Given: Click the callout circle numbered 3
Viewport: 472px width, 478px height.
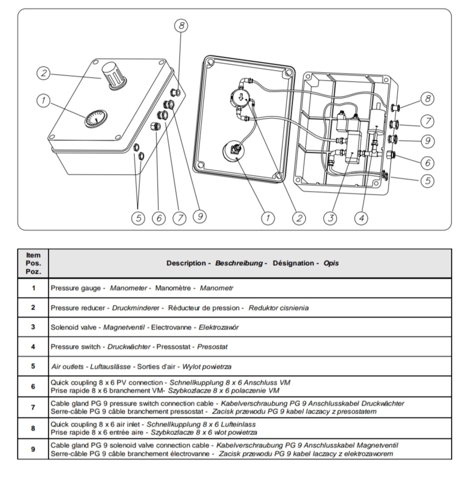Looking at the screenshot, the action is tap(331, 218).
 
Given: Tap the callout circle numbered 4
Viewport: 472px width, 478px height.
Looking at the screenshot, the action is tap(362, 218).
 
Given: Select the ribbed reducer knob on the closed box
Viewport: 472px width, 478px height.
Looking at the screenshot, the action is tap(113, 76).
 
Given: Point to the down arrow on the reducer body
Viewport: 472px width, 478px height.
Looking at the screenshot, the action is tap(241, 97).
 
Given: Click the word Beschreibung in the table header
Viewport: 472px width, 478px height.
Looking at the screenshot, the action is tap(239, 263).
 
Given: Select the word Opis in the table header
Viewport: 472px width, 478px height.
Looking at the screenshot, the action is tap(331, 263).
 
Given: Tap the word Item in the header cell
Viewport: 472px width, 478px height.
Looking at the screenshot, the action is tap(33, 255).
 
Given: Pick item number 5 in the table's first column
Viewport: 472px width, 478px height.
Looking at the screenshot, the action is tap(33, 366).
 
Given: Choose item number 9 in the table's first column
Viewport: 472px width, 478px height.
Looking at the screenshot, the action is tap(33, 449).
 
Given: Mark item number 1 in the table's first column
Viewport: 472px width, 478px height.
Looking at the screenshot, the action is tap(33, 288).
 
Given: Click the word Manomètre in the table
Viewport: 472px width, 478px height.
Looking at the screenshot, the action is tap(173, 288).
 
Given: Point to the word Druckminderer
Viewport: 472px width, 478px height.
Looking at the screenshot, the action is tap(136, 308).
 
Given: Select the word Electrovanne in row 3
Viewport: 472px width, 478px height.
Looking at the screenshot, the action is tap(172, 327).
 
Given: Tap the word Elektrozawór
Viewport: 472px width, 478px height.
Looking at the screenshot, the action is tap(219, 327).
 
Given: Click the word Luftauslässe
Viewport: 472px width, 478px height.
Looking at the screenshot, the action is tap(110, 367).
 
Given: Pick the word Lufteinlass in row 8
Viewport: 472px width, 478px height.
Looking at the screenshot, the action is tap(238, 424).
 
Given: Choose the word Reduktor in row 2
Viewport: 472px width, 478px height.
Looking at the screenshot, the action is tap(262, 308).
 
